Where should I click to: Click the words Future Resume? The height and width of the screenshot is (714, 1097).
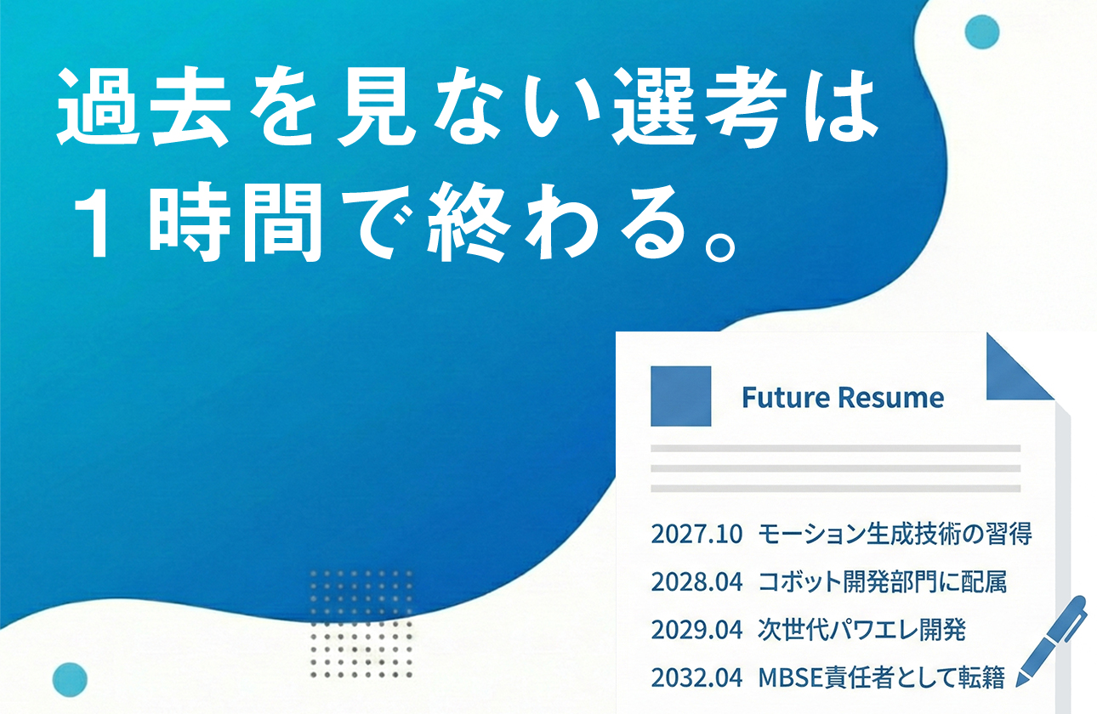point(842,397)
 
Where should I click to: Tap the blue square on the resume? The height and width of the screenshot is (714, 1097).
point(680,396)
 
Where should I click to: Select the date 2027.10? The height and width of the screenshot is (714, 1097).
point(696,535)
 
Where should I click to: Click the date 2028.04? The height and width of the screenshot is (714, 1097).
point(696,582)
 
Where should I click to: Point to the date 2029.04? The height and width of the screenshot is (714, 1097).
point(696,630)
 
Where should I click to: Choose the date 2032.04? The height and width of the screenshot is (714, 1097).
point(696,677)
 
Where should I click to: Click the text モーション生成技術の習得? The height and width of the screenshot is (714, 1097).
point(894,535)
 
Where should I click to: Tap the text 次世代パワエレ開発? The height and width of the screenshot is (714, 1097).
point(861,630)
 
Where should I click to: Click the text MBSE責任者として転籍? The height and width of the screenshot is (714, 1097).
point(882,677)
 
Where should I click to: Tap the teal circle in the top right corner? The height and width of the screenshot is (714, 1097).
point(982,32)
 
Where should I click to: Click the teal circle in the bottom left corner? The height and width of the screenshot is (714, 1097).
point(70,680)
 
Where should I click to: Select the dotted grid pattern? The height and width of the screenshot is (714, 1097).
point(361,624)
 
